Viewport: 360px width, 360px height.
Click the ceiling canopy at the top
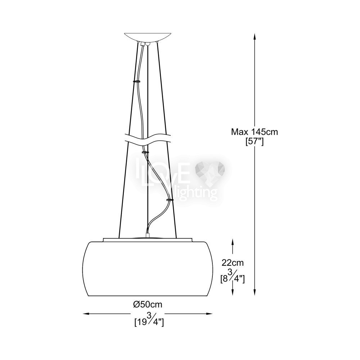click(x=148, y=37)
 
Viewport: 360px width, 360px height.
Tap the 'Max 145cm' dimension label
click(x=255, y=132)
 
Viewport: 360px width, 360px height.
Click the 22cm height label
click(x=233, y=263)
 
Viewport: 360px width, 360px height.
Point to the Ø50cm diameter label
click(x=148, y=305)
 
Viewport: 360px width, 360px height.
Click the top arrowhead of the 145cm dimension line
click(x=255, y=36)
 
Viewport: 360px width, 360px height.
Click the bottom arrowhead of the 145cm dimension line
click(x=255, y=292)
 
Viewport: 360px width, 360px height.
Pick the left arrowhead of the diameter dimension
click(x=86, y=314)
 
